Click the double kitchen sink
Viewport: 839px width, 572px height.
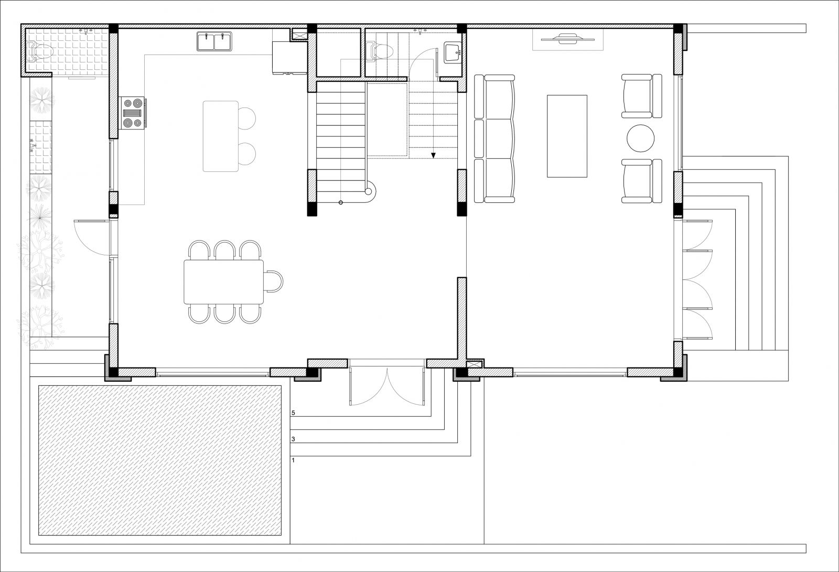point(214,41)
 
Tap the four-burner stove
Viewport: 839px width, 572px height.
point(133,113)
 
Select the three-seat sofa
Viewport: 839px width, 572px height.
point(494,138)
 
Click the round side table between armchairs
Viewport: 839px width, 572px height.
point(640,138)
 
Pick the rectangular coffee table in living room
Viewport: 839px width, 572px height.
point(567,136)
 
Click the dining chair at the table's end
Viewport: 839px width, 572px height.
point(273,281)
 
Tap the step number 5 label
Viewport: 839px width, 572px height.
point(293,413)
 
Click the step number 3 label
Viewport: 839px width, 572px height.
point(293,439)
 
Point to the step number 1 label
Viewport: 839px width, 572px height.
point(293,460)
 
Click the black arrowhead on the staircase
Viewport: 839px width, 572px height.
point(433,156)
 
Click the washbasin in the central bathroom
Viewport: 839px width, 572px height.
point(453,52)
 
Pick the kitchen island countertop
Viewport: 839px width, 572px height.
point(221,136)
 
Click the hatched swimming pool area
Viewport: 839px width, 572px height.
point(160,460)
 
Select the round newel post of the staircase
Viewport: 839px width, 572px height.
point(368,192)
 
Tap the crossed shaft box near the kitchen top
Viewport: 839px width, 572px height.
point(299,34)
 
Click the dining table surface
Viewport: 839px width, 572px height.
point(223,282)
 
